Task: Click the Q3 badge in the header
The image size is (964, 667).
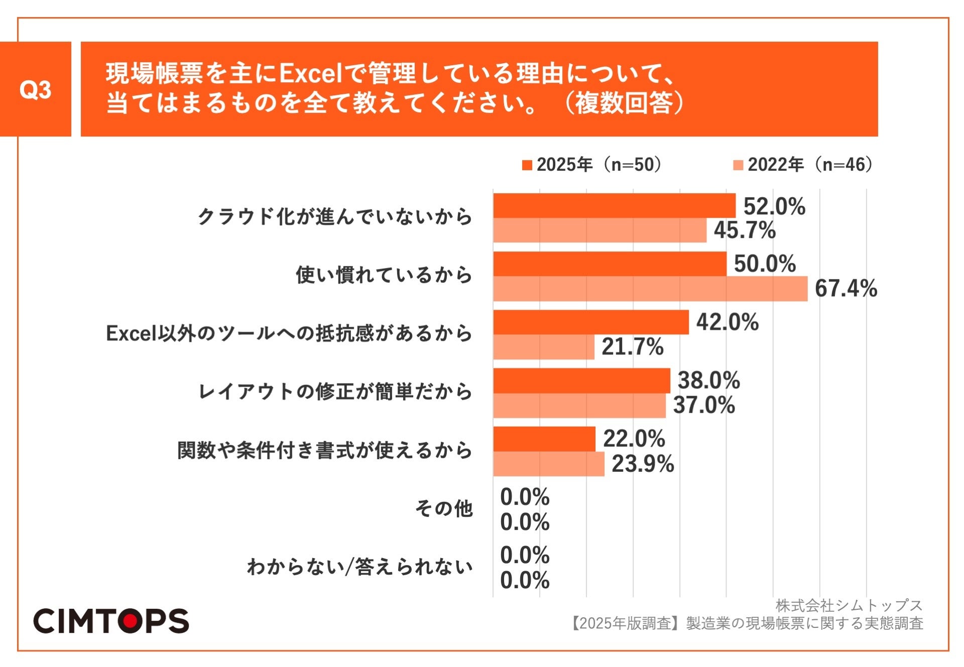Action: (35, 89)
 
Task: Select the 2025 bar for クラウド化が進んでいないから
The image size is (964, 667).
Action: (614, 206)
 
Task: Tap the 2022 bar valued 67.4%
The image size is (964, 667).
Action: (650, 289)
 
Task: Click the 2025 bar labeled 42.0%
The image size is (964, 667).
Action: (591, 322)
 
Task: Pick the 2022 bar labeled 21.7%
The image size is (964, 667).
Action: (544, 347)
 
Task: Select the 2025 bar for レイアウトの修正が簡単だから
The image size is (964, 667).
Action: (581, 380)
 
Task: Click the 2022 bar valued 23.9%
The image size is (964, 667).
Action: (549, 464)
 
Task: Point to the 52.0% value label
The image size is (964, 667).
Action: (774, 206)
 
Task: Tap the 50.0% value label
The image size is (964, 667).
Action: (765, 264)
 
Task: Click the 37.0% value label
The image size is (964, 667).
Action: (704, 405)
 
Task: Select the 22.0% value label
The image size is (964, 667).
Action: (634, 439)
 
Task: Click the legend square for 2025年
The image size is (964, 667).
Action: (527, 165)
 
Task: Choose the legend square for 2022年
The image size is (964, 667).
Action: (738, 165)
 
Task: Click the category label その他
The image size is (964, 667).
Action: (444, 508)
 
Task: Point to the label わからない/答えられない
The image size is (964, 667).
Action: (359, 567)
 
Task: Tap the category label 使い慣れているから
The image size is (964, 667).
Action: (384, 275)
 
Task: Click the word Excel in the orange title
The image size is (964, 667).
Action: (310, 74)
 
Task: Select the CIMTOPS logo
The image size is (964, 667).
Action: (111, 621)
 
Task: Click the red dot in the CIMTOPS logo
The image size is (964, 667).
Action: (132, 621)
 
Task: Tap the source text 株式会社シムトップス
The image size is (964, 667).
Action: (849, 605)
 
